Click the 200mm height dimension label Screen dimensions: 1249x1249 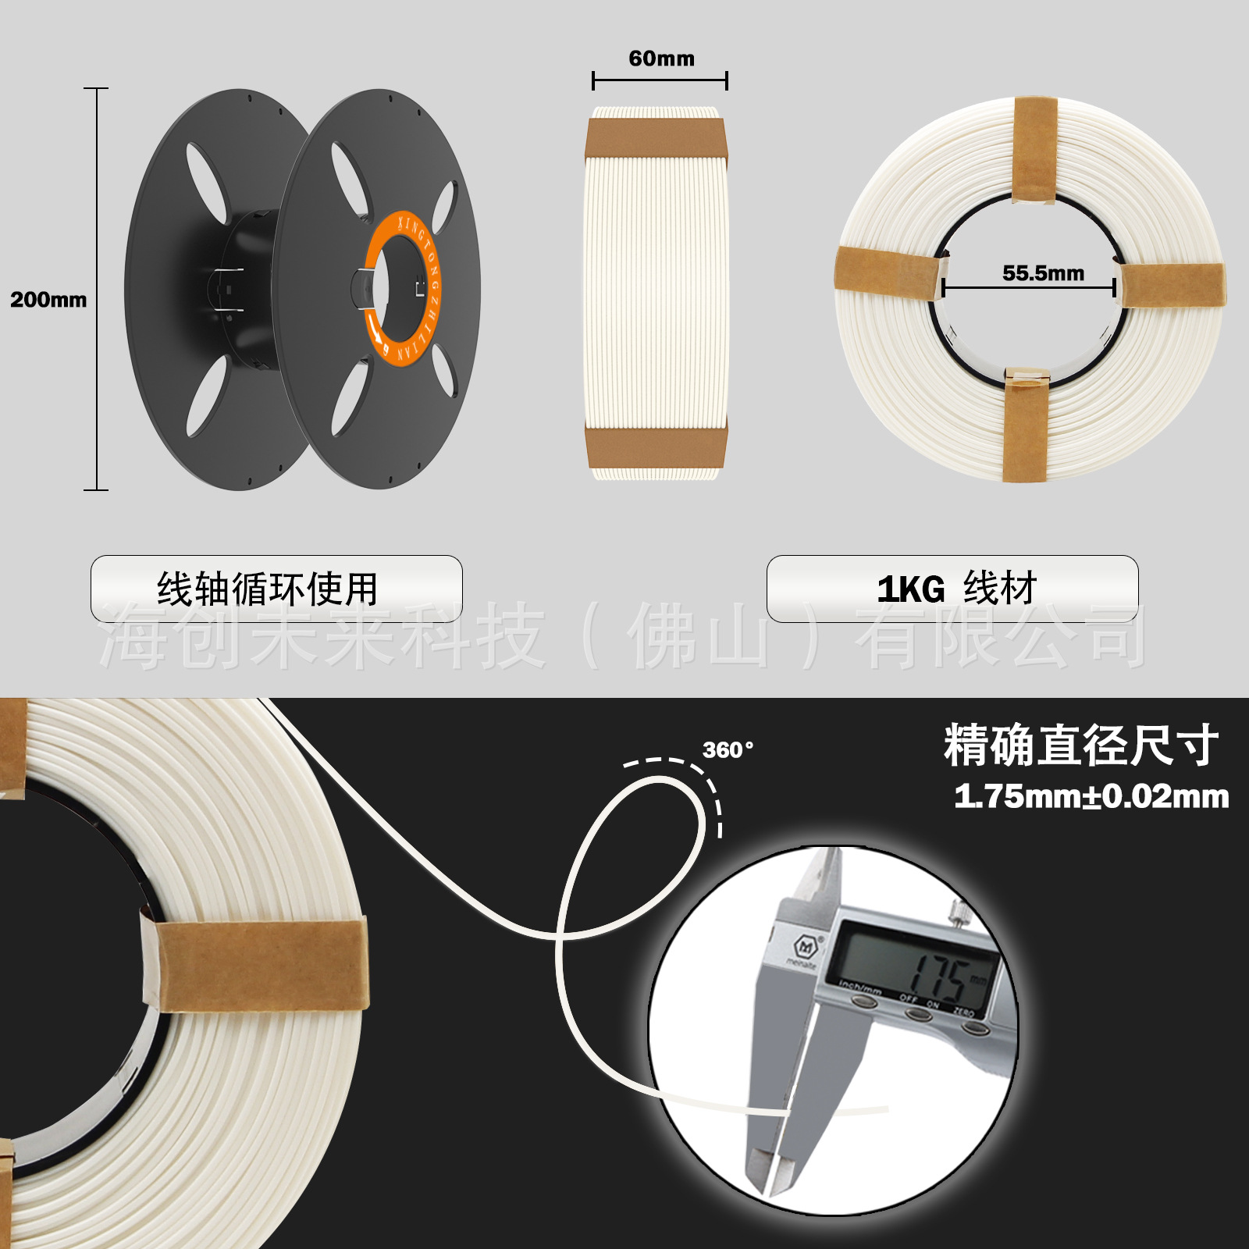pyautogui.click(x=48, y=300)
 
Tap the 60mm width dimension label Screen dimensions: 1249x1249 pyautogui.click(x=661, y=59)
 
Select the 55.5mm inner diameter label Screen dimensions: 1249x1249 pyautogui.click(x=1043, y=273)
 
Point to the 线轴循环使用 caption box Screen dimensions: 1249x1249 pyautogui.click(x=276, y=589)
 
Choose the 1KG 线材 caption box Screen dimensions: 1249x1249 pyautogui.click(x=952, y=589)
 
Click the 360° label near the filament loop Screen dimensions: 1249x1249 pyautogui.click(x=728, y=750)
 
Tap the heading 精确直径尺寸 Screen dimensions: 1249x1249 pyautogui.click(x=1080, y=745)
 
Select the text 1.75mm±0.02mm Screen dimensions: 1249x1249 pyautogui.click(x=1091, y=797)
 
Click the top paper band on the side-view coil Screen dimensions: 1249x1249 pyautogui.click(x=657, y=138)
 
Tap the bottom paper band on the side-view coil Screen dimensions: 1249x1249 pyautogui.click(x=657, y=447)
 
